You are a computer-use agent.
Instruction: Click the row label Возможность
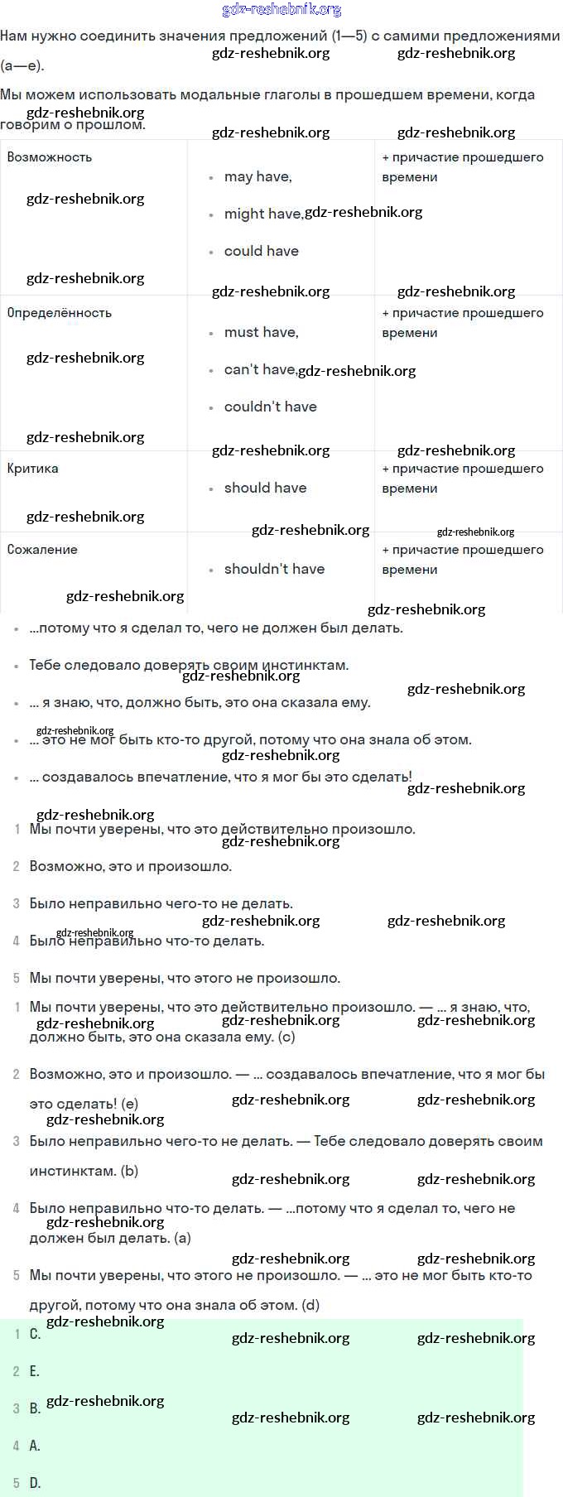point(50,157)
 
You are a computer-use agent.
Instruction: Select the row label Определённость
point(60,313)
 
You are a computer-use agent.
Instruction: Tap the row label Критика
point(33,469)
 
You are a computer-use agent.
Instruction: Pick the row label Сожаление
point(42,550)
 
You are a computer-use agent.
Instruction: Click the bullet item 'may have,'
point(257,176)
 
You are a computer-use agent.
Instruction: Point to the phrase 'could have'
point(261,251)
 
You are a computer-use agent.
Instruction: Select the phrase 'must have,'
point(261,332)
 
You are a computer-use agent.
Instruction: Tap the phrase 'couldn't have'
point(270,407)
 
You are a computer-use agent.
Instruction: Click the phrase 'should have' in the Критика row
point(265,488)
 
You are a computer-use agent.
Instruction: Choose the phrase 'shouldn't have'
point(274,569)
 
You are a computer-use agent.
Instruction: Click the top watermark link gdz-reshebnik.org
point(282,10)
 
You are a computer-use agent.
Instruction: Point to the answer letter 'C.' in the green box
point(35,1334)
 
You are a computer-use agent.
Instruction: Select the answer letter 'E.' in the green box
point(35,1371)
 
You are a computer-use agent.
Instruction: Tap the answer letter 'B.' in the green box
point(35,1408)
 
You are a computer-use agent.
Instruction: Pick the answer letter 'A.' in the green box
point(35,1446)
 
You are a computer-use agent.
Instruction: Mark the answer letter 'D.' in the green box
point(35,1483)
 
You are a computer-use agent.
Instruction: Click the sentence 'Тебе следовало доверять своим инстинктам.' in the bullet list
point(189,665)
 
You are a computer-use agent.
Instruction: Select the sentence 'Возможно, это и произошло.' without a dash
point(131,867)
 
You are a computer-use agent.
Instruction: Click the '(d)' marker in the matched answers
point(310,1306)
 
